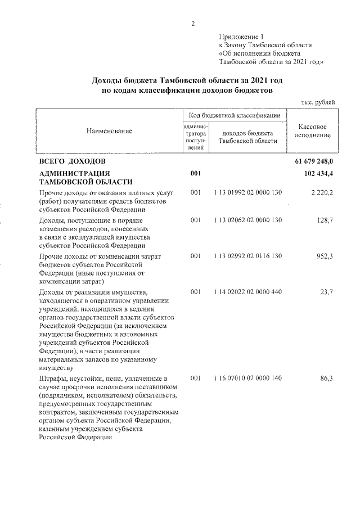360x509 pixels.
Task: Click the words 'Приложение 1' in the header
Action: click(x=240, y=36)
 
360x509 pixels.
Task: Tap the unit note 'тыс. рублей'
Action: click(x=318, y=102)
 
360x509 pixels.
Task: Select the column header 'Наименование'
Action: click(x=109, y=131)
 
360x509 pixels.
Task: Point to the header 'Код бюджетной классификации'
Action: click(x=235, y=115)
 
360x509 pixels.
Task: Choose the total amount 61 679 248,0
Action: click(x=313, y=161)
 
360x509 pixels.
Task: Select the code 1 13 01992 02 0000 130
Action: click(x=247, y=193)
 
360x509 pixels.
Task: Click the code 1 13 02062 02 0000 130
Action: click(x=247, y=219)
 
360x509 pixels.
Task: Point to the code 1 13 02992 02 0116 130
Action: click(x=247, y=256)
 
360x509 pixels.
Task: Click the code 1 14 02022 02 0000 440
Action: click(x=247, y=292)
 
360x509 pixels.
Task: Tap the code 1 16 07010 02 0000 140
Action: click(x=247, y=379)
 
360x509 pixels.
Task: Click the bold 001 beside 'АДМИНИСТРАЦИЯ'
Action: click(x=196, y=173)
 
